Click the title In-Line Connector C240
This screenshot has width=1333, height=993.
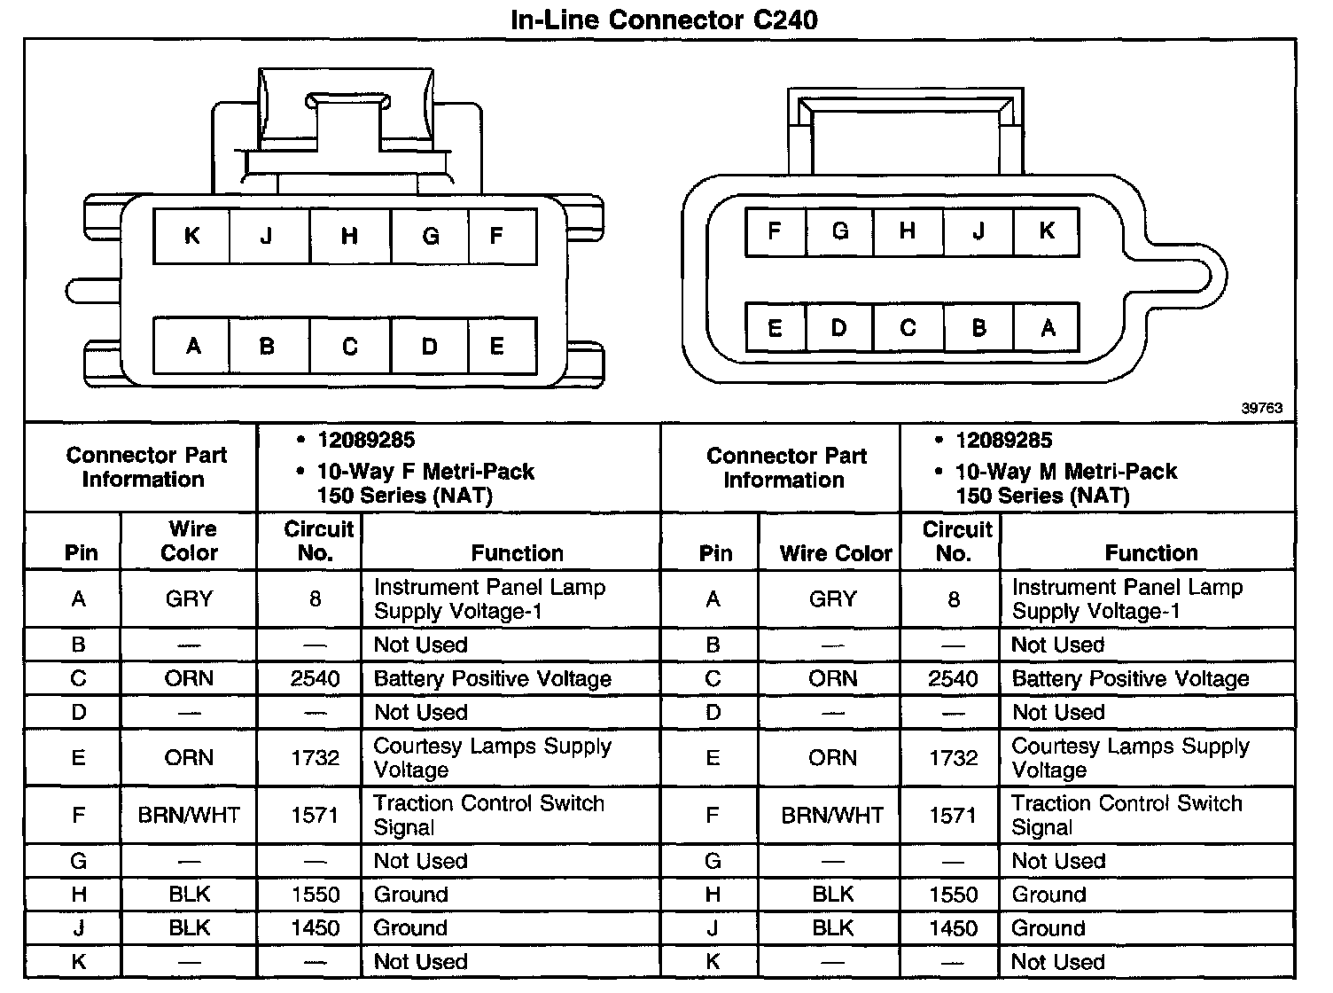pyautogui.click(x=664, y=19)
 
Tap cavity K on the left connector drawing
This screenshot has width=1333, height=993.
pyautogui.click(x=191, y=236)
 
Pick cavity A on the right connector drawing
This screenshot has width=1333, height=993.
pyautogui.click(x=1048, y=328)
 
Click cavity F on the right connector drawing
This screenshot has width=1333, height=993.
pyautogui.click(x=775, y=231)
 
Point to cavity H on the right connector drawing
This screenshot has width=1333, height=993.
pyautogui.click(x=907, y=231)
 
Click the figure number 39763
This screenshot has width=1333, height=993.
pyautogui.click(x=1261, y=408)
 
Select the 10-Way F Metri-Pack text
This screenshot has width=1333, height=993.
pyautogui.click(x=425, y=472)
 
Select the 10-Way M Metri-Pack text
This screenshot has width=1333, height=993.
pyautogui.click(x=1065, y=472)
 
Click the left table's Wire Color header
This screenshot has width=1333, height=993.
pyautogui.click(x=190, y=541)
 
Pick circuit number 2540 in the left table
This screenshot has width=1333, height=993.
pyautogui.click(x=315, y=679)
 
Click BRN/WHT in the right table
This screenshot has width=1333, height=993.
pyautogui.click(x=832, y=815)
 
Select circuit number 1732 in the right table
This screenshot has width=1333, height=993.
pyautogui.click(x=954, y=758)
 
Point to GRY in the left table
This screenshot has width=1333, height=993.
pyautogui.click(x=190, y=599)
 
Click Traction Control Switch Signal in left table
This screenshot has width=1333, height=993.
pyautogui.click(x=488, y=815)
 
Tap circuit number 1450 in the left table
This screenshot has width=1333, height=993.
pyautogui.click(x=315, y=928)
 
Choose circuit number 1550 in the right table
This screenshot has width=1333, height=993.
pyautogui.click(x=954, y=895)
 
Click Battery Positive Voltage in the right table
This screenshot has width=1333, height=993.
pyautogui.click(x=1130, y=679)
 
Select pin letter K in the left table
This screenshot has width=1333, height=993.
pyautogui.click(x=79, y=962)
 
